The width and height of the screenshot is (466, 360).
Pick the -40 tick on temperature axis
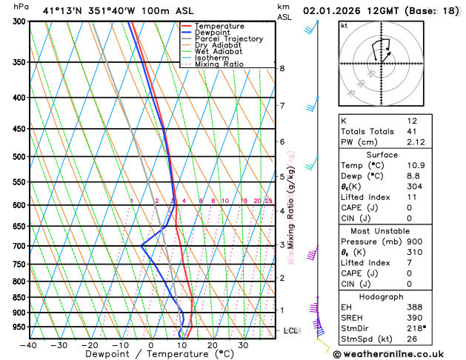coord(29,344)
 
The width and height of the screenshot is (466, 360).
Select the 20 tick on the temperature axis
coord(212,344)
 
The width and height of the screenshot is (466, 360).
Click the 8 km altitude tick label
coord(282,68)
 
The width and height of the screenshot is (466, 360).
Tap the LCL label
coord(290,330)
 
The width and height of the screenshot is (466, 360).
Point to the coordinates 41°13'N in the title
coord(62,10)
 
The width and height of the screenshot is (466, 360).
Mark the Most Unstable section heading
coord(397,230)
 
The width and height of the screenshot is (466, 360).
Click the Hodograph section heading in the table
coord(397,296)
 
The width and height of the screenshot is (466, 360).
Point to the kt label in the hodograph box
coord(344,25)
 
